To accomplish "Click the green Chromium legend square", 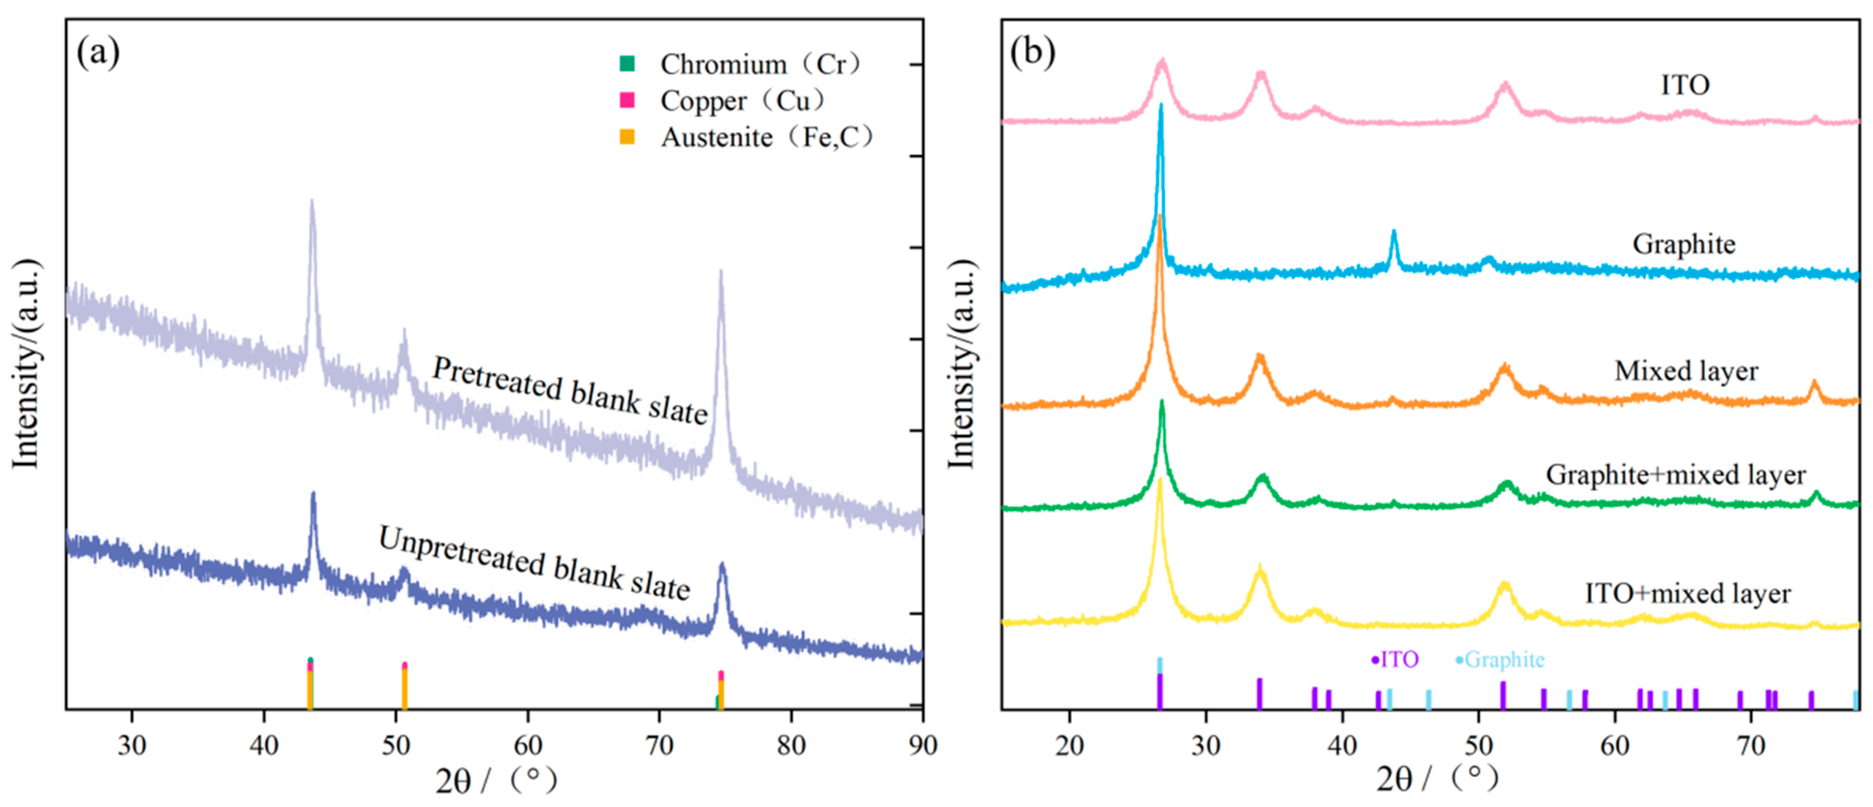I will tap(627, 64).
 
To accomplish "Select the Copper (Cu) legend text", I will tap(742, 101).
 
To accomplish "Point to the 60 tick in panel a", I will tap(528, 745).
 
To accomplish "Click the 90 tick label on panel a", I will tap(922, 745).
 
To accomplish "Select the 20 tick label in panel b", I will tap(1069, 745).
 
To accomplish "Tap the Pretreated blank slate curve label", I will tap(569, 390).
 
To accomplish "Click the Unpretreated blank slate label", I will tap(534, 563).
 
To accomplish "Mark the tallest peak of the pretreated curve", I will tap(312, 201).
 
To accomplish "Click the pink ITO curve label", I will tap(1684, 85).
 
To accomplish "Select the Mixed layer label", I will tap(1686, 371).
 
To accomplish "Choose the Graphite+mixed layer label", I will tap(1675, 475).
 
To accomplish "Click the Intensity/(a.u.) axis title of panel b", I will tap(961, 363).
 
